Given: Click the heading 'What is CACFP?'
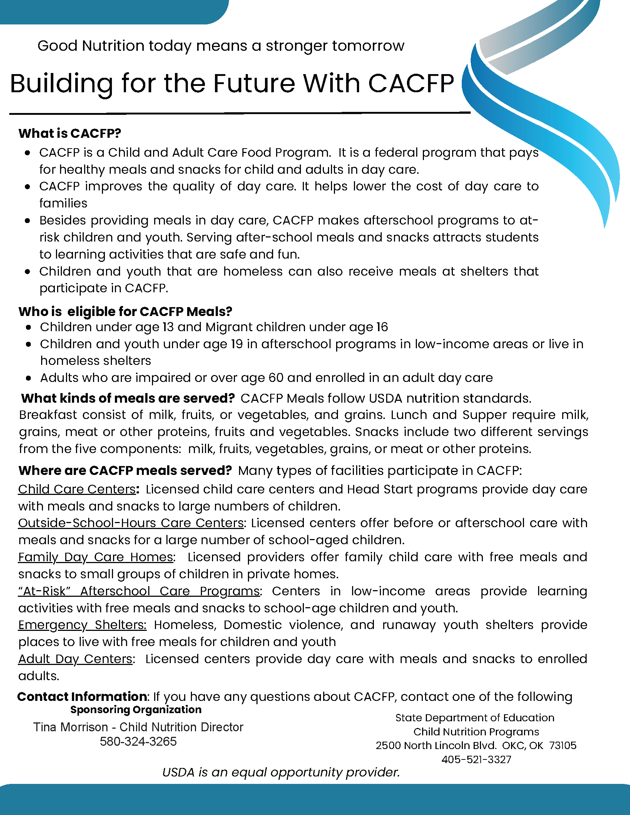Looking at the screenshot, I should (x=70, y=134).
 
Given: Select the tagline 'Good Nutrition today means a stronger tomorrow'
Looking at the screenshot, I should (x=220, y=46).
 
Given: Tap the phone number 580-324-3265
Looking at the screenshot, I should (x=138, y=741).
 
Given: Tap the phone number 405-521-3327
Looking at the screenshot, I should (x=476, y=759).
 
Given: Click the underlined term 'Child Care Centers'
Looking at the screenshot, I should (x=77, y=489).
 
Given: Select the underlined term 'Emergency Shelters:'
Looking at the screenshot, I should (x=82, y=625).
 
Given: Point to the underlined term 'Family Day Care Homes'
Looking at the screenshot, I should (x=96, y=557).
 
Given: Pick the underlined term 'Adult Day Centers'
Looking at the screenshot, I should (x=75, y=659).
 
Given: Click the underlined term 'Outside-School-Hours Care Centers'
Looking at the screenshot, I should (x=130, y=523).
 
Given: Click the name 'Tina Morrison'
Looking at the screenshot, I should (x=70, y=727).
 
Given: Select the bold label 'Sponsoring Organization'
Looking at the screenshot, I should (x=136, y=709).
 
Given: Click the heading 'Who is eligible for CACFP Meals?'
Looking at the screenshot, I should (x=125, y=312).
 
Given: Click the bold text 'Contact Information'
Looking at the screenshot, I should (x=82, y=696).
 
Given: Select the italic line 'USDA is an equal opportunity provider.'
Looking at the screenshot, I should (x=281, y=772).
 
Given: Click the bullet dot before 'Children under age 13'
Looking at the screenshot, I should (x=29, y=327).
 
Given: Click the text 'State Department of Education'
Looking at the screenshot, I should (x=475, y=718).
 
